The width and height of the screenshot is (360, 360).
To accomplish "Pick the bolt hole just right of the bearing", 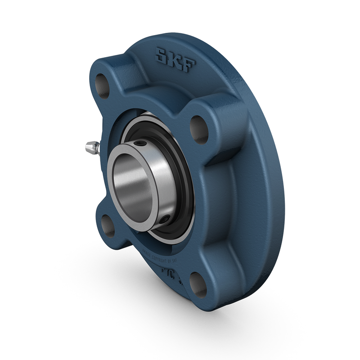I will click(x=198, y=129).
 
